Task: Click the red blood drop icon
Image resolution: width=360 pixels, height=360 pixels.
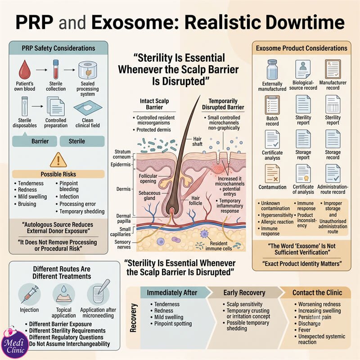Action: point(25,70)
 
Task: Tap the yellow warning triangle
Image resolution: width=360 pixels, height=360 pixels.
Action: point(58,160)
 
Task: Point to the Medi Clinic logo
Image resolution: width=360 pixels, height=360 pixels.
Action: point(14,344)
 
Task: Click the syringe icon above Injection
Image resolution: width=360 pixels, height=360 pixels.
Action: point(29,294)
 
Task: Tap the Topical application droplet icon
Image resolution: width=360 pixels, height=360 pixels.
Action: point(63,294)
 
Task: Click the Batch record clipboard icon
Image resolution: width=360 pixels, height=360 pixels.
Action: point(272,105)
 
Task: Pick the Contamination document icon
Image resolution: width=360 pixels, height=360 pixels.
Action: point(272,174)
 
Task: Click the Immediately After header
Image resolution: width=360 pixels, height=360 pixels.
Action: point(172,293)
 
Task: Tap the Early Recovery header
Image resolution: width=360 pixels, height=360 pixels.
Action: point(244,293)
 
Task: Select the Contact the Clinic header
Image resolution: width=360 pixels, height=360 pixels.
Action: point(317,293)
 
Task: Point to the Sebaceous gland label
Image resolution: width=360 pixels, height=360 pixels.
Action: point(149,196)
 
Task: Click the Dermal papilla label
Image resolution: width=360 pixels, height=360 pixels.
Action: point(123,219)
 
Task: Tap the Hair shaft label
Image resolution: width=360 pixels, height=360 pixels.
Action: point(198,141)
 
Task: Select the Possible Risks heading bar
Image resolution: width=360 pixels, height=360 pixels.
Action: point(58,174)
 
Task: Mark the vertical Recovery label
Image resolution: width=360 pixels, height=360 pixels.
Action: point(133,318)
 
